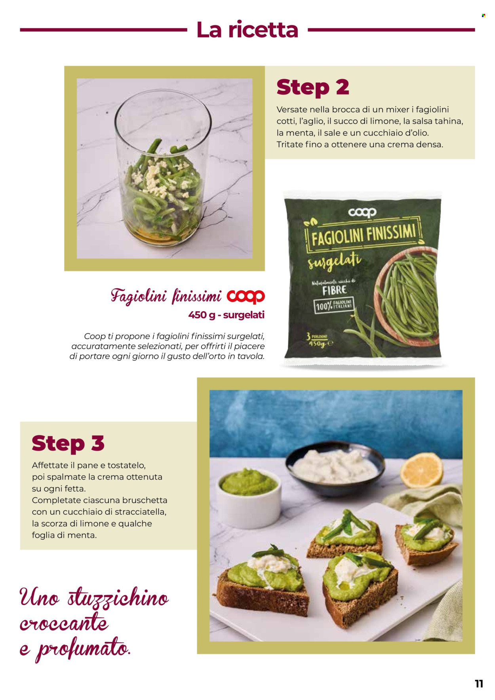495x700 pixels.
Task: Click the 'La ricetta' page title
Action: click(247, 30)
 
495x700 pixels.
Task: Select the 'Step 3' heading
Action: click(68, 443)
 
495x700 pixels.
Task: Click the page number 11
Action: click(479, 684)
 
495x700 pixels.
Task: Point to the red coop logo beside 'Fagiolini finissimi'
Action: click(246, 297)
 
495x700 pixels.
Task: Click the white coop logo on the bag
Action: click(362, 213)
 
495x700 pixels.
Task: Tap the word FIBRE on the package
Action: click(335, 290)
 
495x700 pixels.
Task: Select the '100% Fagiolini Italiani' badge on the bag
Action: click(333, 306)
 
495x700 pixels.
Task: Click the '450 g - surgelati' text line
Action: click(226, 315)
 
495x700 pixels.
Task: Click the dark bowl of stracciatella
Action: click(335, 472)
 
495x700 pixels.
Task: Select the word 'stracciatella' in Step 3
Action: click(140, 512)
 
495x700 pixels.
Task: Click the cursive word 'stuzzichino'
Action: click(118, 598)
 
